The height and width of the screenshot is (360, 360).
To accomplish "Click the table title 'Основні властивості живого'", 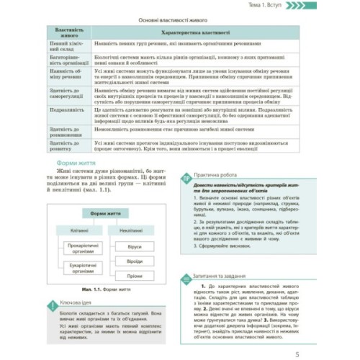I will click(x=179, y=21).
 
